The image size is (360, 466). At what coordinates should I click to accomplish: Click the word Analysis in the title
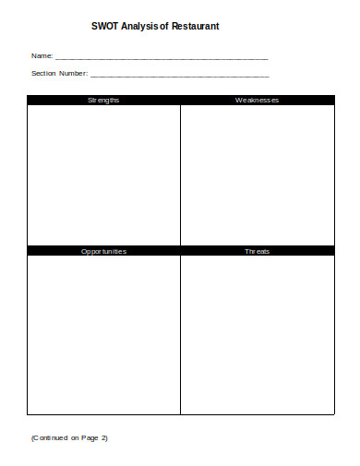tap(140, 29)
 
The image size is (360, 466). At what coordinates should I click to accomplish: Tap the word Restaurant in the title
tap(194, 29)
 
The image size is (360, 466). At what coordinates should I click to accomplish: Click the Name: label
tap(42, 56)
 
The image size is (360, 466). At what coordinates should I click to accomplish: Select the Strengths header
tap(103, 100)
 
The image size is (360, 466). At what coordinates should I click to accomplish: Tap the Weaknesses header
tap(257, 100)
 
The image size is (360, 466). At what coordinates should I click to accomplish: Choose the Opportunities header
tap(103, 251)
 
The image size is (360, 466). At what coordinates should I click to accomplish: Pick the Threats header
tap(257, 251)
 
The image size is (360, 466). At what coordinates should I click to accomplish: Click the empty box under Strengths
tap(103, 174)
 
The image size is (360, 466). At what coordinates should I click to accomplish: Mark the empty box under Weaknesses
tap(257, 174)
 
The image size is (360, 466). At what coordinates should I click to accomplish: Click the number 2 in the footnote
tap(104, 437)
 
